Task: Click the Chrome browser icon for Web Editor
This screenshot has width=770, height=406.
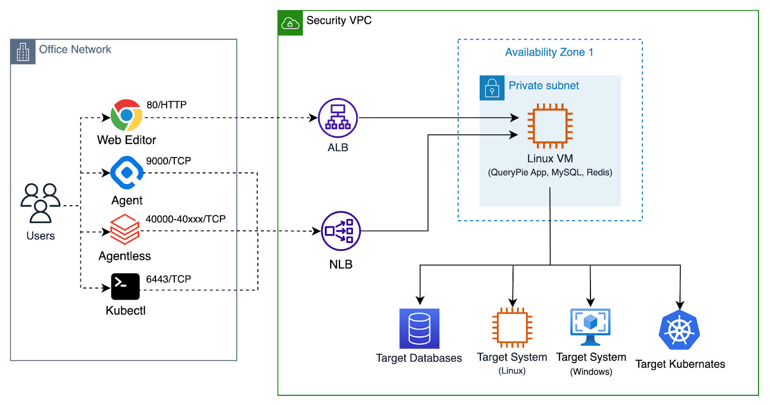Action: [127, 115]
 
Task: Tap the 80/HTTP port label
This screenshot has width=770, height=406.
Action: [167, 105]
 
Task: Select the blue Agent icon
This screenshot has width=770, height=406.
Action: [127, 172]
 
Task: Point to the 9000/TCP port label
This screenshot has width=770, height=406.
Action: [168, 161]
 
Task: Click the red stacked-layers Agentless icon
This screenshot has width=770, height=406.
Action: [125, 229]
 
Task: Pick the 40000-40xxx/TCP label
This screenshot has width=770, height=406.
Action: [185, 219]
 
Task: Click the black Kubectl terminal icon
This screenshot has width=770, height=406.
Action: [125, 287]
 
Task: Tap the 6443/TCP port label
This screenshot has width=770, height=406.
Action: [168, 279]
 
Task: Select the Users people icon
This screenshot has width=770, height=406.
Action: [40, 203]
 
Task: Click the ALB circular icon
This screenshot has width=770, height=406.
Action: [338, 118]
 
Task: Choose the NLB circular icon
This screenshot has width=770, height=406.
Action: [341, 231]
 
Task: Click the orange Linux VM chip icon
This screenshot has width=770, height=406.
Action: [550, 126]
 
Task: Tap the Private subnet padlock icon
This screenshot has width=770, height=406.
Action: [492, 88]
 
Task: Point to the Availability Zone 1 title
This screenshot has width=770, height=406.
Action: [549, 52]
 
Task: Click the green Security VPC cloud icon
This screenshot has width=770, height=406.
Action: [290, 23]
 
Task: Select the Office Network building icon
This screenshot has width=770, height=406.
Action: [23, 52]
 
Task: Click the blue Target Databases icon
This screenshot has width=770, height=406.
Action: [419, 328]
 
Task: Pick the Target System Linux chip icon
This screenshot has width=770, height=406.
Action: [512, 327]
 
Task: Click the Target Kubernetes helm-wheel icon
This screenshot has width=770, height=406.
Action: [679, 330]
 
